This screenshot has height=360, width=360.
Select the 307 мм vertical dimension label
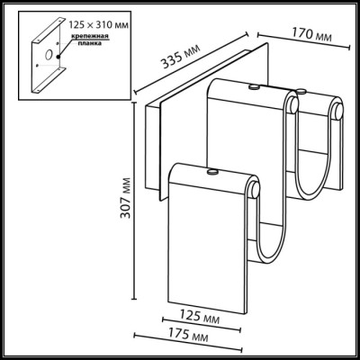(125, 198)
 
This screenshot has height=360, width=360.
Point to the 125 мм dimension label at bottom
(200, 317)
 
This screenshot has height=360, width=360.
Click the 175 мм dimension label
(187, 334)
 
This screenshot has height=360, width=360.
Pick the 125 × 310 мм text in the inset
(99, 25)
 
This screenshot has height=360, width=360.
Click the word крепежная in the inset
(90, 37)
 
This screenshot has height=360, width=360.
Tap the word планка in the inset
(89, 43)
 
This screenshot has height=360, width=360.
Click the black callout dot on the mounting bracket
(58, 57)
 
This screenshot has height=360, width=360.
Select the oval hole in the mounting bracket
(49, 54)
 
